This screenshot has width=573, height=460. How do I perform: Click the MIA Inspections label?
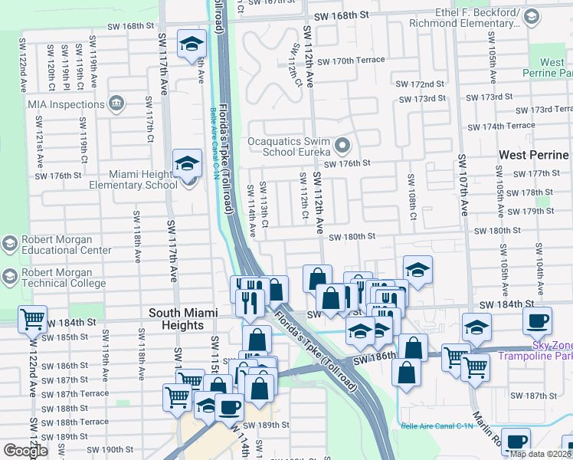[66, 104]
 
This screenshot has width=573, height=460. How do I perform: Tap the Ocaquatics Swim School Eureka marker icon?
[342, 144]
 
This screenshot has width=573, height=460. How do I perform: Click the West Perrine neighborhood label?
[533, 155]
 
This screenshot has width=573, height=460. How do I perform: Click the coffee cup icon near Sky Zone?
[537, 320]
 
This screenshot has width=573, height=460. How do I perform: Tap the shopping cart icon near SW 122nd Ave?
[32, 320]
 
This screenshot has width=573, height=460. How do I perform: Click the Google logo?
[25, 451]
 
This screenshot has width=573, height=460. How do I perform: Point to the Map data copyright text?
[541, 454]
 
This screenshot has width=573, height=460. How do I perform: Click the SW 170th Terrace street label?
[351, 61]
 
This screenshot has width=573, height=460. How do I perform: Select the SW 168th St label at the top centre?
[343, 15]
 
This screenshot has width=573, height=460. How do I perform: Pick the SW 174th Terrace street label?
[500, 126]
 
